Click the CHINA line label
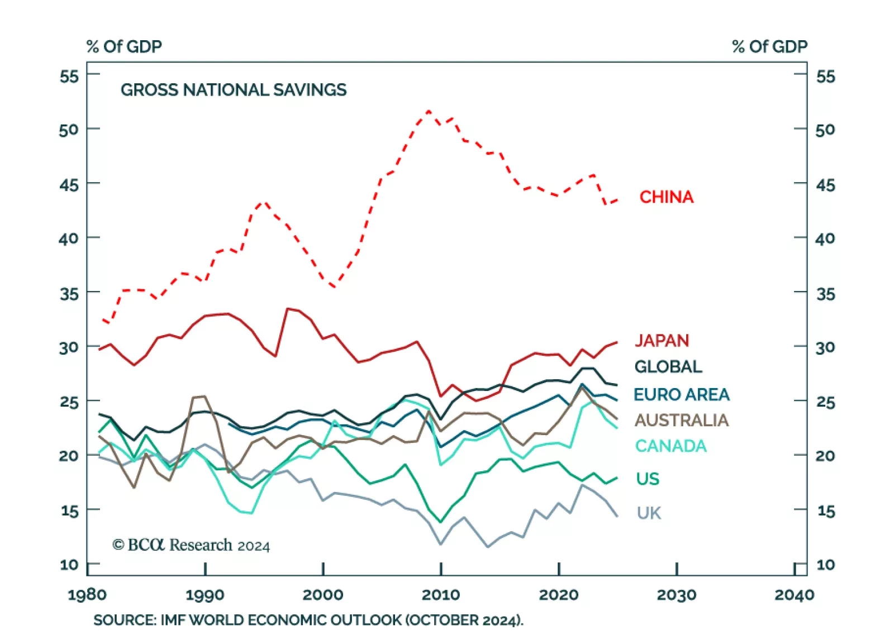click(x=666, y=197)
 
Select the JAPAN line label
click(x=662, y=341)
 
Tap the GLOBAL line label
click(x=668, y=367)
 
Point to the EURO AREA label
click(x=681, y=395)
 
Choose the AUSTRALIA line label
click(x=681, y=421)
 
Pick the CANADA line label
click(x=670, y=446)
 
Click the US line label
click(x=648, y=479)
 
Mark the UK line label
click(x=649, y=513)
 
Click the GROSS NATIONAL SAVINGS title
click(x=234, y=90)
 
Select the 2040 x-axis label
click(x=794, y=595)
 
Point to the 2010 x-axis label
click(x=441, y=595)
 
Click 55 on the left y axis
click(x=69, y=76)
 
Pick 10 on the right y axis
click(x=825, y=565)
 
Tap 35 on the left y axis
click(x=69, y=293)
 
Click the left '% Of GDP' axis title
click(x=124, y=46)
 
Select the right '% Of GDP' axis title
click(x=769, y=46)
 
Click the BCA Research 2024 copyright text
click(x=191, y=545)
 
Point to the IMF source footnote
click(x=308, y=620)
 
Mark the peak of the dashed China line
click(x=429, y=111)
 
